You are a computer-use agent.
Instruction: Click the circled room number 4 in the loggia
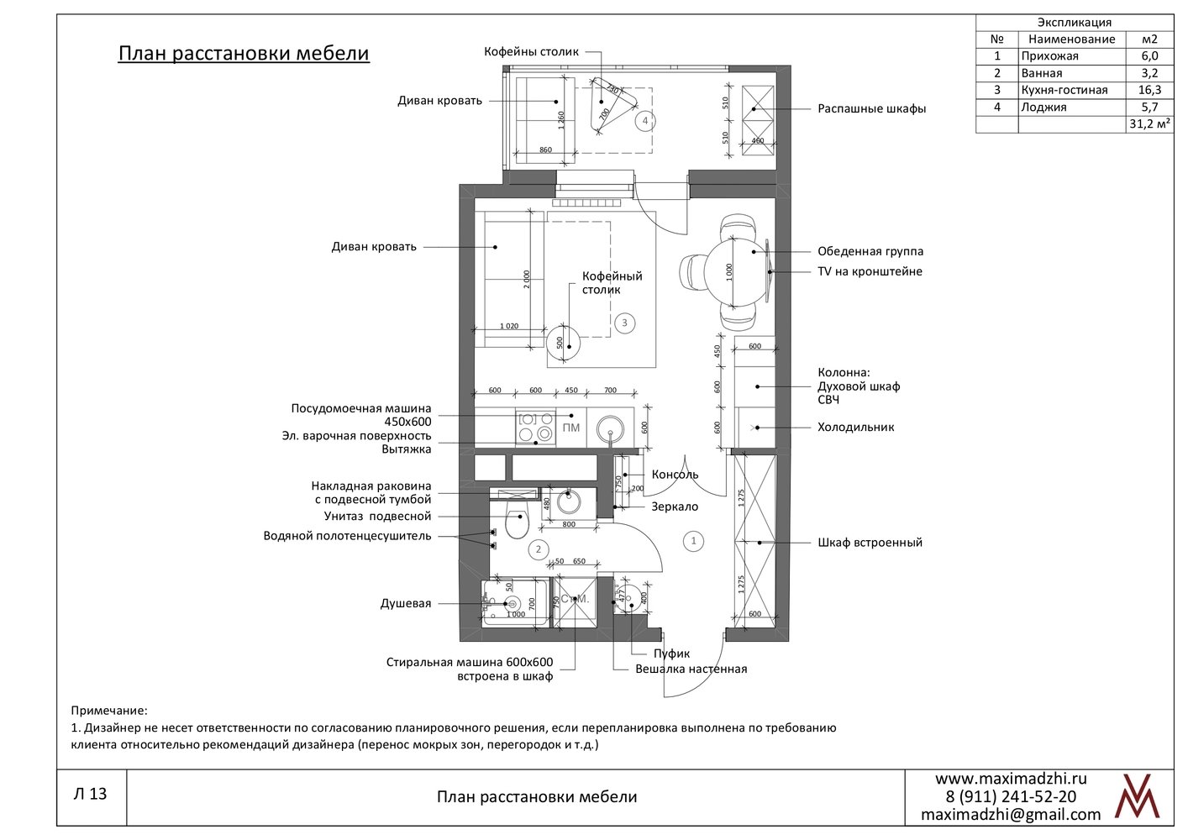pos(645,121)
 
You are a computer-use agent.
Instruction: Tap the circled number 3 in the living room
pos(624,323)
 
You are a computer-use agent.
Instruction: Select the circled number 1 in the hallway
pos(693,541)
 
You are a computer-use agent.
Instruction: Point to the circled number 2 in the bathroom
pos(539,549)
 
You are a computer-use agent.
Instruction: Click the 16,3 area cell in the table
pos(1149,90)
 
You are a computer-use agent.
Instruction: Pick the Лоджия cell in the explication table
pos(1072,108)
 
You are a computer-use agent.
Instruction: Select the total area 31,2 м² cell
pos(1149,124)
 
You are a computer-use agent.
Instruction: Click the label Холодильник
pos(855,427)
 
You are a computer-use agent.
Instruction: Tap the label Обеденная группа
pos(870,251)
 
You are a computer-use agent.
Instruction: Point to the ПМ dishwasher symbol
pos(570,428)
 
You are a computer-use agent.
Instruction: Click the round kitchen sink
pos(610,428)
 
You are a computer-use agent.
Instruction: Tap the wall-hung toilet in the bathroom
pos(517,522)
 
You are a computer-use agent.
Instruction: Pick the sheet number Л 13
pos(90,794)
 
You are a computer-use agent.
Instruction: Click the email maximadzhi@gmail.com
pos(1011,815)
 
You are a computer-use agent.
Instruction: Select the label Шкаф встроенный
pos(870,543)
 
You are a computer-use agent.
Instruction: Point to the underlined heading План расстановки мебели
pos(244,54)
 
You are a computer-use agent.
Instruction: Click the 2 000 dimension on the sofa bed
pos(526,280)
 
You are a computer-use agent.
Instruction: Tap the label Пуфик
pos(671,654)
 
